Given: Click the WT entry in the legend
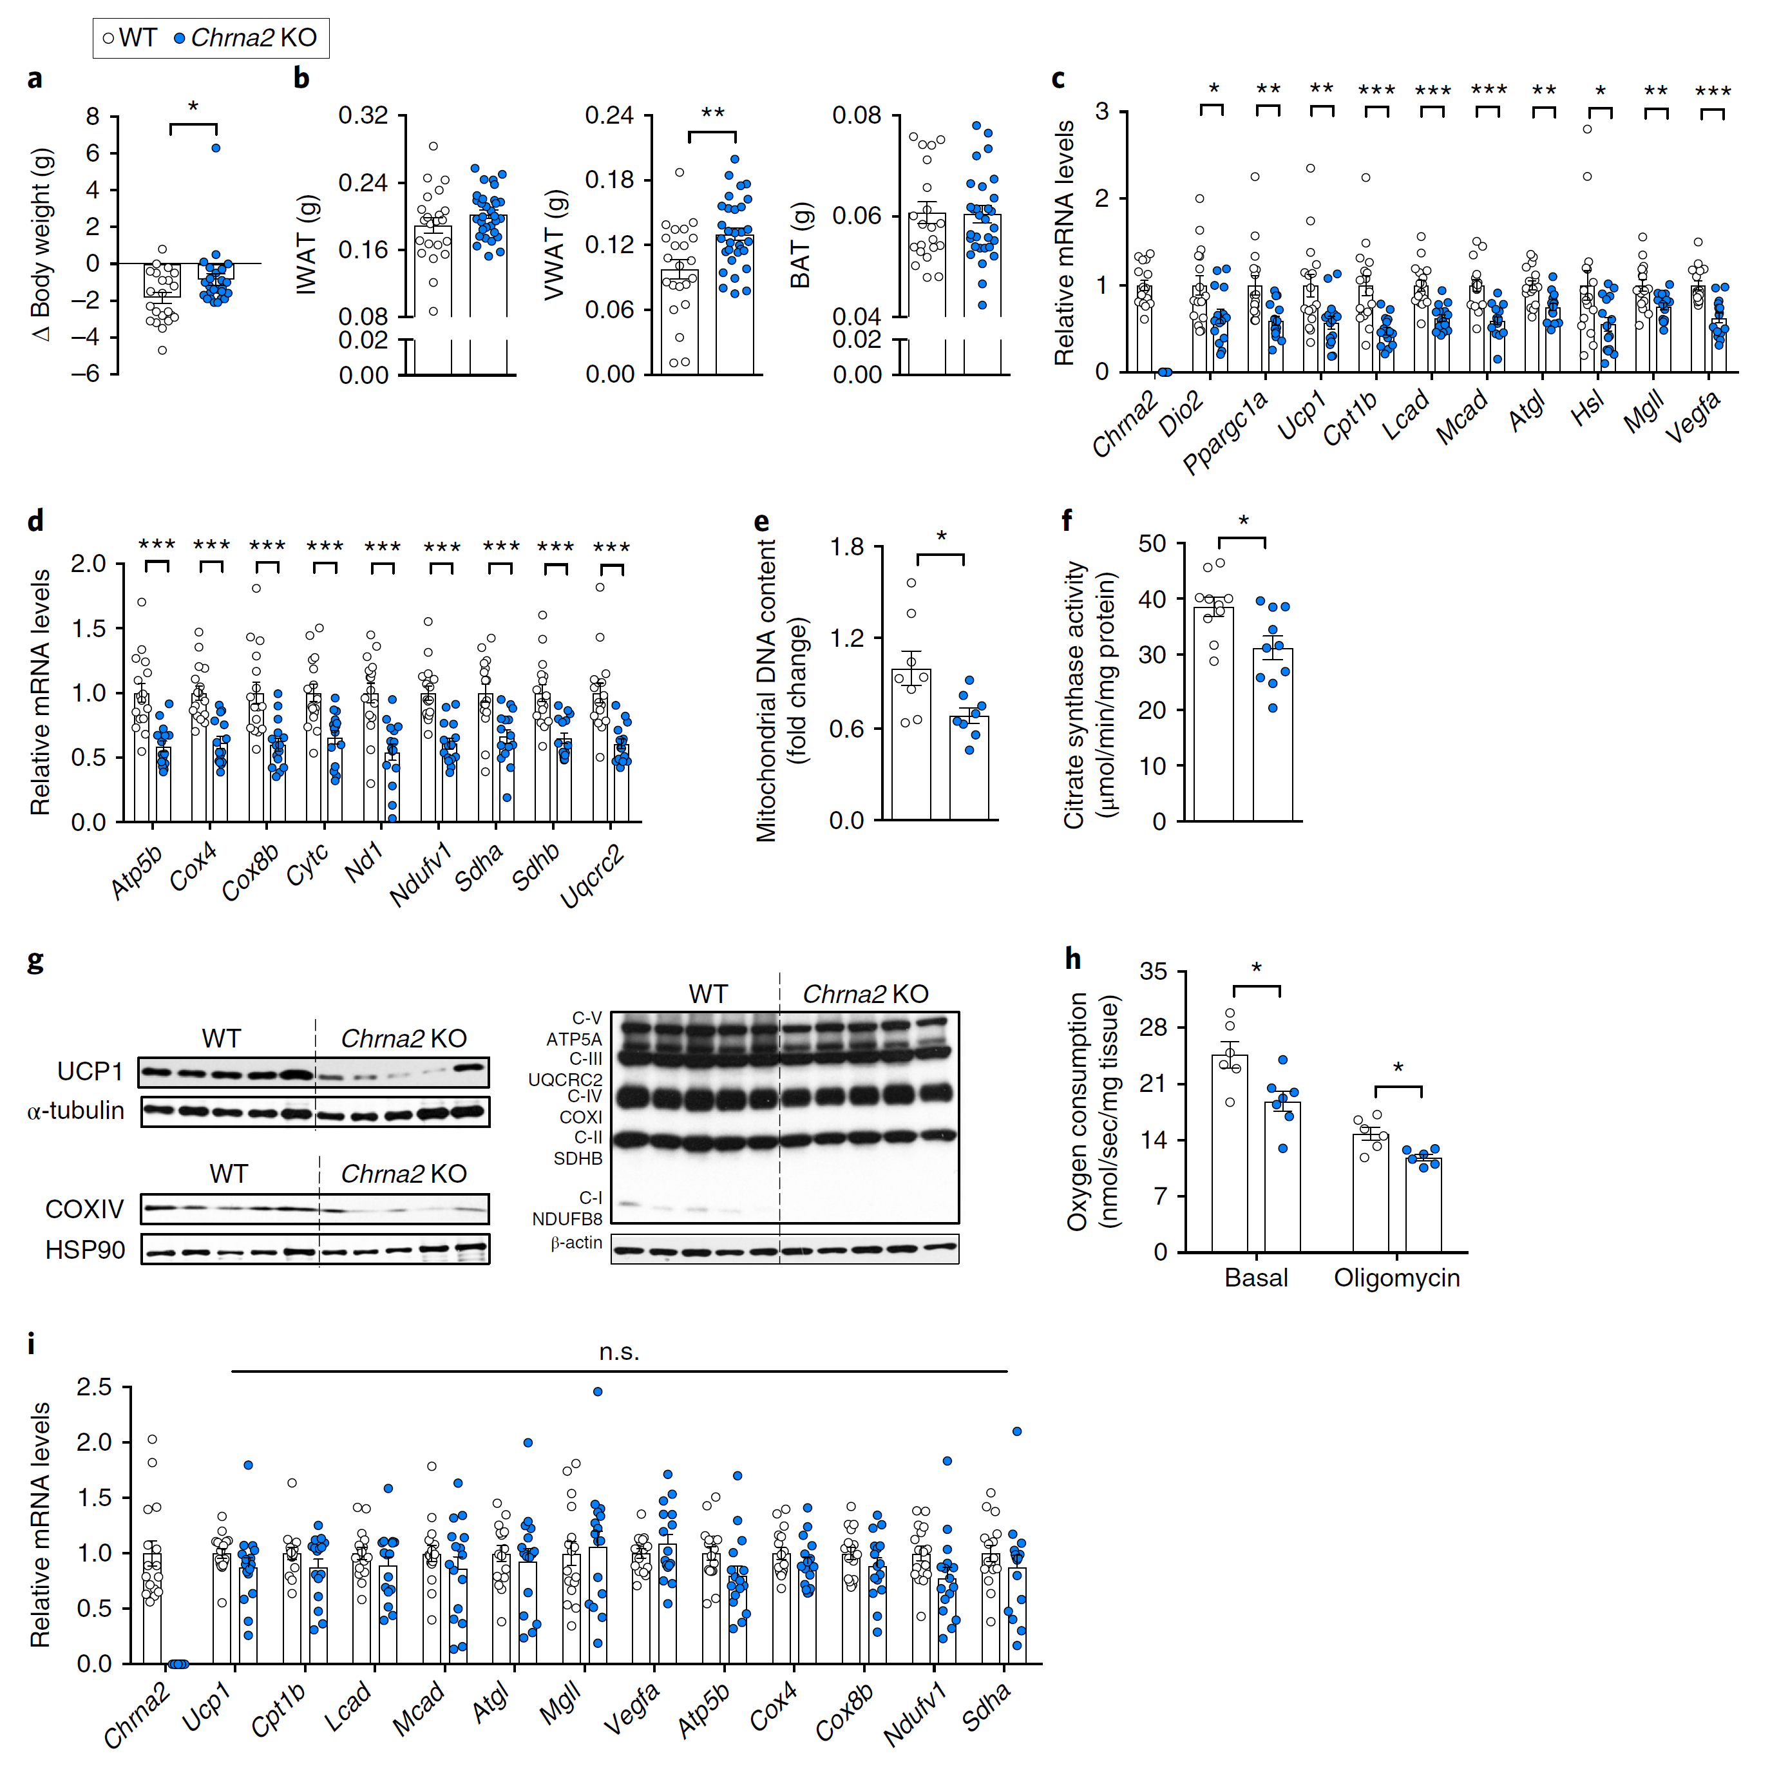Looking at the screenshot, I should click(129, 38).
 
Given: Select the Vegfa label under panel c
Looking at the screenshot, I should click(1693, 416).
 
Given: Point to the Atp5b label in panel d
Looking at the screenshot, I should click(136, 870).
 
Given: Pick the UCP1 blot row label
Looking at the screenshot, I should click(90, 1071).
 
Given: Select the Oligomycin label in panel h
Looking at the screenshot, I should click(1396, 1277).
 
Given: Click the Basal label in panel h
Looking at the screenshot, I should click(1256, 1277).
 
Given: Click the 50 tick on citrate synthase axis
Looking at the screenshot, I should click(1152, 544).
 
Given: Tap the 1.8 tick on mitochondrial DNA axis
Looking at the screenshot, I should click(846, 548).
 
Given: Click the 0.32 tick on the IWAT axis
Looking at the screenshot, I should click(363, 116).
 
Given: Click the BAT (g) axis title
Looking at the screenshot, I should click(801, 245).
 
